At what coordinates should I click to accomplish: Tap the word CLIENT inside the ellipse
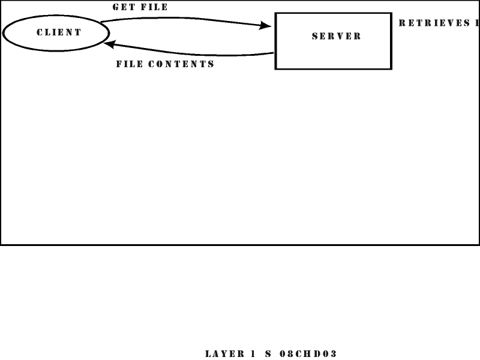tap(59, 32)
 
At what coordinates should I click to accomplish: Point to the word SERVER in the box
tap(337, 36)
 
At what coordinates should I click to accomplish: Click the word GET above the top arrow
tap(122, 8)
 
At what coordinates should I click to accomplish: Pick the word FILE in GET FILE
tap(154, 8)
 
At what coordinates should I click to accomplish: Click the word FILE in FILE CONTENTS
tap(129, 64)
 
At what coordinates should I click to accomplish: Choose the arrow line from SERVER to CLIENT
tap(192, 53)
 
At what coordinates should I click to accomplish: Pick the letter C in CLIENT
tap(40, 32)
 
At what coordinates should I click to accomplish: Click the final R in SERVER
tap(358, 36)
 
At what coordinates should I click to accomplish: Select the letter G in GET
tap(116, 8)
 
